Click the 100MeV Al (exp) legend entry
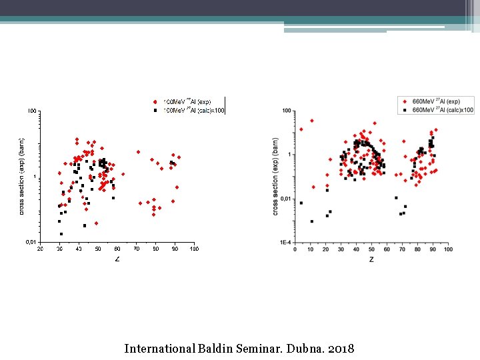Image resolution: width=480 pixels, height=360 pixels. coord(187,101)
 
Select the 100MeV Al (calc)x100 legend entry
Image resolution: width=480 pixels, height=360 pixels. coord(191,109)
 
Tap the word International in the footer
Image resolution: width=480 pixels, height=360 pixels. coord(159,349)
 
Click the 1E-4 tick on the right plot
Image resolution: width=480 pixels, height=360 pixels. coord(285,243)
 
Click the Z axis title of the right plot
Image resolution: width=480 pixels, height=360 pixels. coord(371,259)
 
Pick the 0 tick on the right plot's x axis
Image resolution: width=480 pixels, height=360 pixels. coord(295,249)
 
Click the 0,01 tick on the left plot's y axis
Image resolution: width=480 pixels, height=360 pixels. coord(31,242)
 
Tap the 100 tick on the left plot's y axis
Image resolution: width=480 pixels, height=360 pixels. coord(32,111)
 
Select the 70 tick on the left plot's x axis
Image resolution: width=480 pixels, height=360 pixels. coord(137,249)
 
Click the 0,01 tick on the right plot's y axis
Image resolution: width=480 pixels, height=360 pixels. coord(285,199)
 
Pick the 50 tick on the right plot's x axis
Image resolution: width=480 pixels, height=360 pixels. coord(371,249)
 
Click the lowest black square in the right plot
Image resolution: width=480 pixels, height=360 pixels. coord(311,221)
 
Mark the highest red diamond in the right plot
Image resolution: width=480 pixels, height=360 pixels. coord(311,121)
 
